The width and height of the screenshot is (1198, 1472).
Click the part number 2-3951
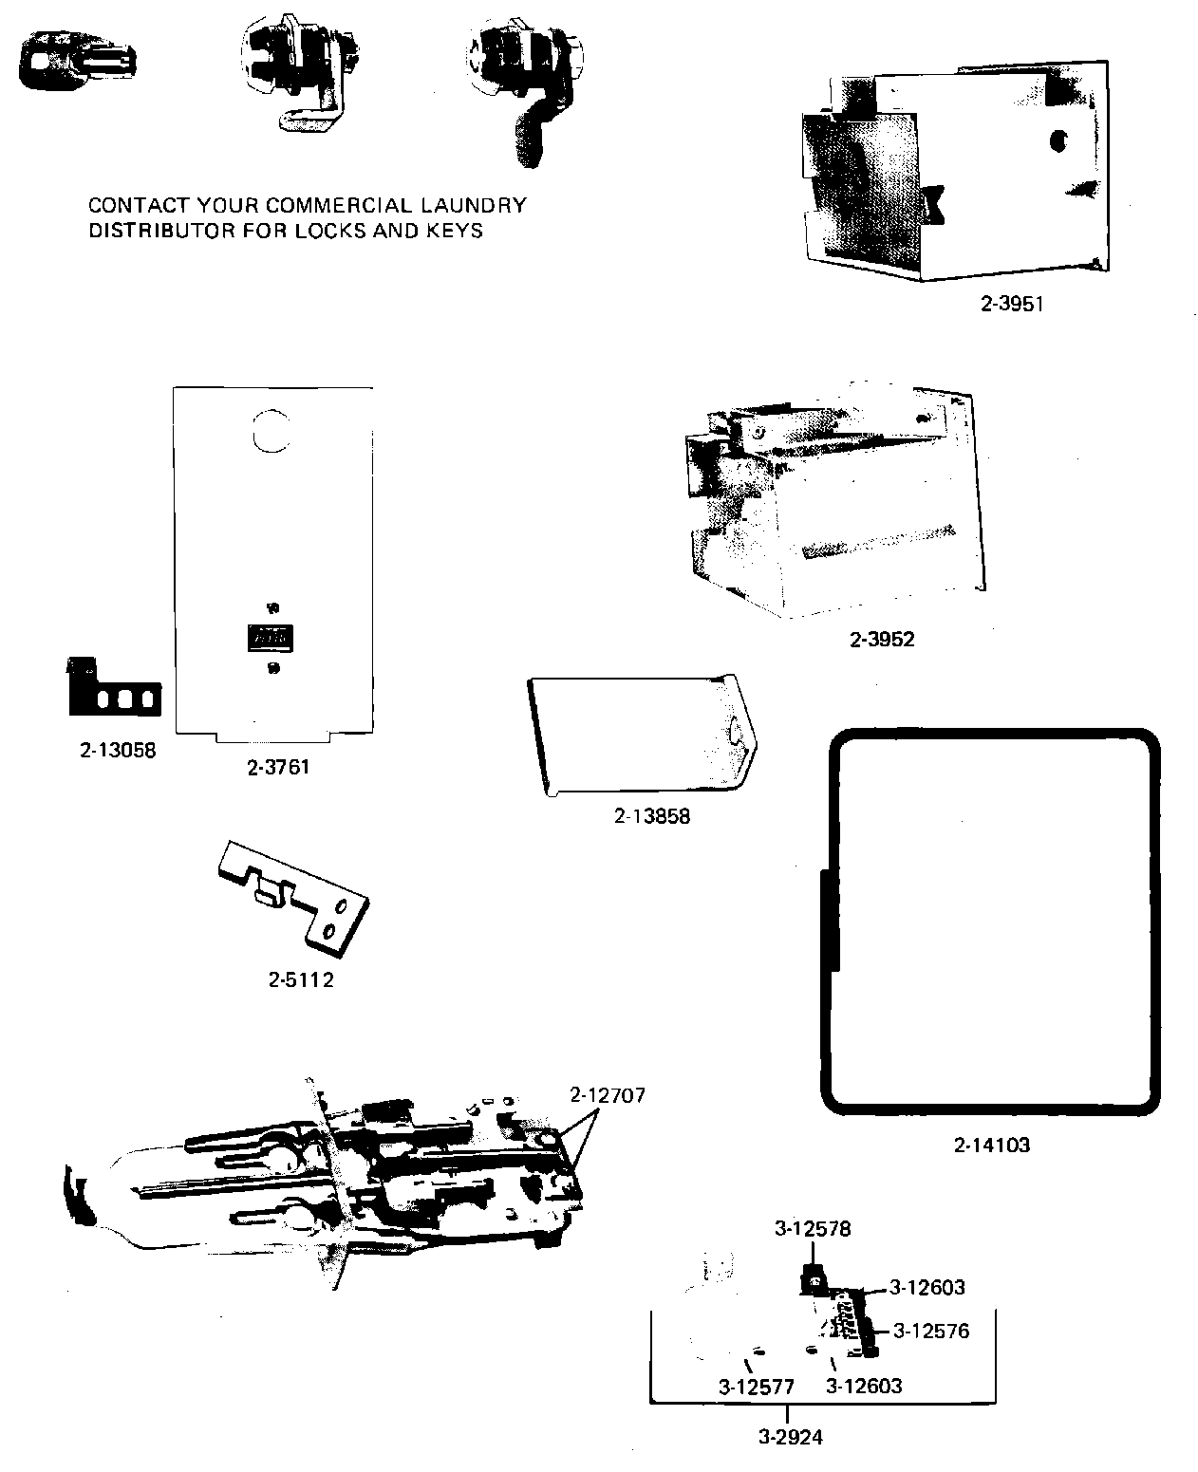pos(1012,305)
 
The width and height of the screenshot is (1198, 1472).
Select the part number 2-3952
pos(882,640)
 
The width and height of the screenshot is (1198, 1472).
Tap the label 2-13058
pos(118,750)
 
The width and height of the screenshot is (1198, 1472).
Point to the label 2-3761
pos(278,767)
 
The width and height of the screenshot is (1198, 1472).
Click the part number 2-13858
pos(652,816)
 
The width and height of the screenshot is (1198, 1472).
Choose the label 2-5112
pos(301,979)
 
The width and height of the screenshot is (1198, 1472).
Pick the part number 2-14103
pos(992,1145)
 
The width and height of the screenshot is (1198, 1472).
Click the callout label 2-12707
pos(608,1095)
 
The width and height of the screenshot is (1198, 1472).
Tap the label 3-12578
pos(813,1229)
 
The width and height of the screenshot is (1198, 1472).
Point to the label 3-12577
pos(757,1387)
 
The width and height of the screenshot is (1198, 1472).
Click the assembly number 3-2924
pos(791,1437)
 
